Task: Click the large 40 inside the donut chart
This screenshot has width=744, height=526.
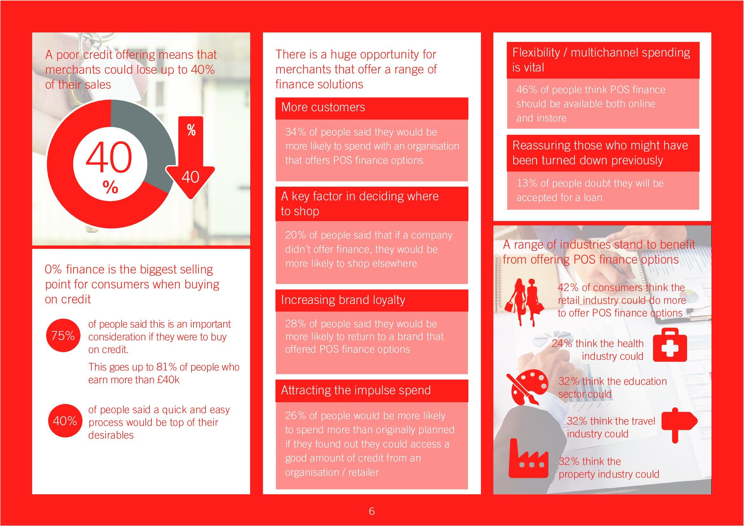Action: click(109, 157)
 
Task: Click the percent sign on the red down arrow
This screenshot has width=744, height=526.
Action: click(191, 130)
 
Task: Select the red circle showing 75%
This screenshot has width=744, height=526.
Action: click(63, 335)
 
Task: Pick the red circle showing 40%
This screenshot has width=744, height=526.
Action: click(65, 420)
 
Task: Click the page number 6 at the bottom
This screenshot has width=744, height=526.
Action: click(372, 511)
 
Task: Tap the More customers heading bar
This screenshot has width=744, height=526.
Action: click(372, 108)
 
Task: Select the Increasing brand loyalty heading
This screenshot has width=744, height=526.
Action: click(343, 300)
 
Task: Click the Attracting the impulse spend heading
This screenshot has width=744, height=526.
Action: click(356, 390)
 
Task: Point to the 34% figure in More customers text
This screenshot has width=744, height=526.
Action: click(296, 132)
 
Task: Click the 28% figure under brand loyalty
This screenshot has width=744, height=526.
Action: click(296, 323)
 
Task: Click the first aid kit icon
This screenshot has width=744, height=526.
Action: click(670, 345)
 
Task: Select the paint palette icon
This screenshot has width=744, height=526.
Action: click(527, 387)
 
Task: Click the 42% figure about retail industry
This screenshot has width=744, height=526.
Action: click(568, 287)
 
